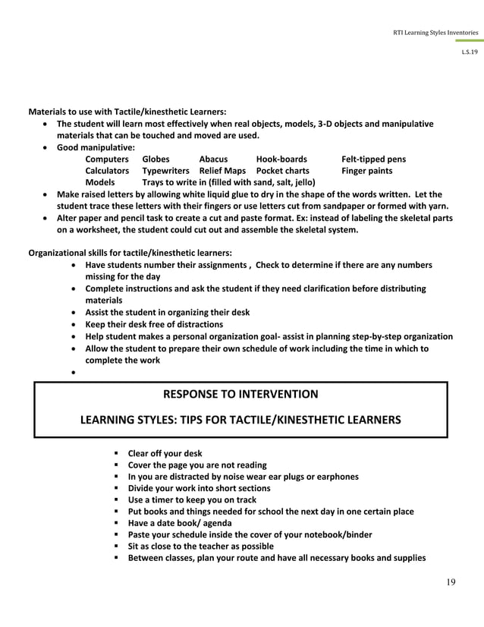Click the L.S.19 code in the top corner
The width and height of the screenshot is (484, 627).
[470, 52]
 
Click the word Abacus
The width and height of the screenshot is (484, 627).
[213, 159]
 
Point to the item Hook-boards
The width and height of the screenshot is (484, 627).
[281, 159]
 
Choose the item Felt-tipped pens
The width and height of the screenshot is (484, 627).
[373, 159]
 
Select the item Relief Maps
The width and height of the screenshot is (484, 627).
[222, 171]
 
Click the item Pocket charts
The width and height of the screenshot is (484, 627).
[282, 171]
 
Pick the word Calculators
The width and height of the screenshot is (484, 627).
[107, 171]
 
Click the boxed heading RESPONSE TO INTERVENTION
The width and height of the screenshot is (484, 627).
[240, 395]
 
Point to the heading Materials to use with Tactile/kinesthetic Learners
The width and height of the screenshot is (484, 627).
[127, 112]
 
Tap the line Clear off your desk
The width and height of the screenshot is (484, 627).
[165, 453]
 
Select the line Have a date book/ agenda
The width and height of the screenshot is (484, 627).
[179, 523]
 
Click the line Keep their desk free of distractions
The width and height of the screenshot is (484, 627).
[154, 324]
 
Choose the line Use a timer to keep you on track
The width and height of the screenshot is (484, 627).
[192, 499]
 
